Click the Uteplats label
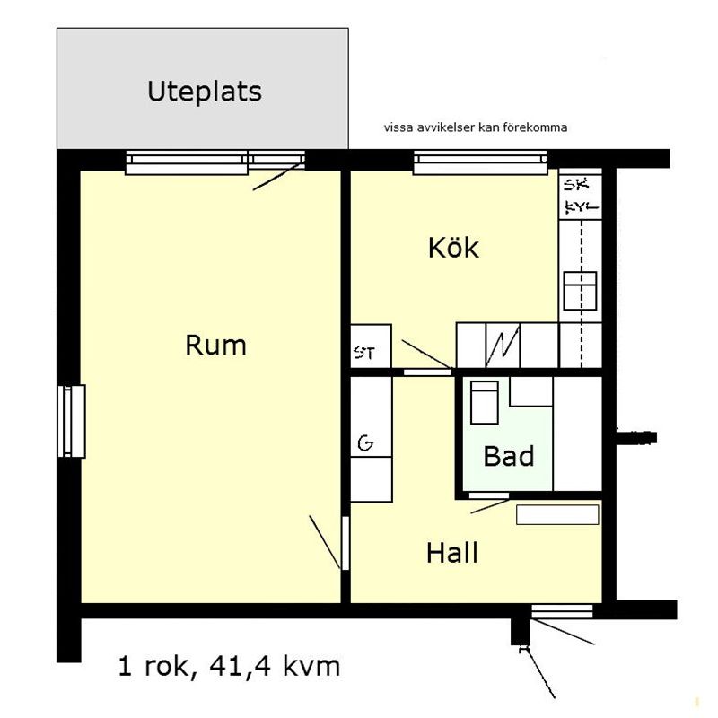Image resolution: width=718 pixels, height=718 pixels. (x=205, y=92)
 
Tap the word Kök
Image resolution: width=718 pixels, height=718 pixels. (x=453, y=247)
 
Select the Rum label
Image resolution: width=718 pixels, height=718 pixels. (x=215, y=345)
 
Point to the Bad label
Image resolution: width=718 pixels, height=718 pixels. (x=509, y=456)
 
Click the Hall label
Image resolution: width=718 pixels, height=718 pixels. (x=452, y=553)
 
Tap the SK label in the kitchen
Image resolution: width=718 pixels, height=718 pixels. (x=574, y=186)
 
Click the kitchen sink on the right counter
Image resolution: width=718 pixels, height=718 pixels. (x=581, y=290)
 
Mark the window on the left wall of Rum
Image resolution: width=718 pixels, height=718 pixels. (x=71, y=421)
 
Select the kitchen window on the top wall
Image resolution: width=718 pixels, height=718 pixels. (x=480, y=162)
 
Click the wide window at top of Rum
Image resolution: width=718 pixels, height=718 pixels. (x=186, y=162)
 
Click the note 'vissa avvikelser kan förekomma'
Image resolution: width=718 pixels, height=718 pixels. (x=475, y=127)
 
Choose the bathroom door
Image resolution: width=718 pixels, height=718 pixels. (x=489, y=495)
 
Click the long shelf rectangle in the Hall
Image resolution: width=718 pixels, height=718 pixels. (x=556, y=514)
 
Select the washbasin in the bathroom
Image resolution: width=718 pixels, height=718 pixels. (x=484, y=401)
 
